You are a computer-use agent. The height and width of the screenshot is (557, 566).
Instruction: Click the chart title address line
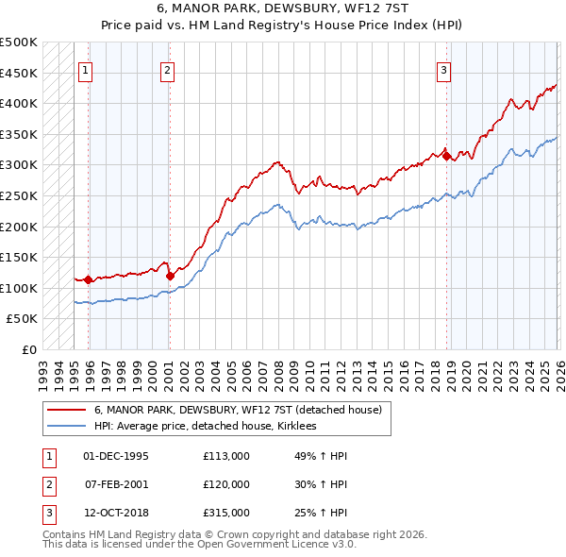(283, 8)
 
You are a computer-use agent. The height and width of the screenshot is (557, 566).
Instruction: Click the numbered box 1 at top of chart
(86, 69)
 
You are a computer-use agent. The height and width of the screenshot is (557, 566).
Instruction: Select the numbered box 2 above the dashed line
(167, 69)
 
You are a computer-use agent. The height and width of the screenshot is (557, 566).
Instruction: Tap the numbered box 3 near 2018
(443, 69)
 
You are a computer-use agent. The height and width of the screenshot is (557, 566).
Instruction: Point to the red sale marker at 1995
(88, 279)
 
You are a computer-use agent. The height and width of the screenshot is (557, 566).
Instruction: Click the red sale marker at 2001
(169, 276)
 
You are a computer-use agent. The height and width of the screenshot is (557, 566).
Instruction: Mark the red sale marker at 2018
(446, 156)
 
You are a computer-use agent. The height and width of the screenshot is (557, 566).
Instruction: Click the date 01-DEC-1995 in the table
(116, 456)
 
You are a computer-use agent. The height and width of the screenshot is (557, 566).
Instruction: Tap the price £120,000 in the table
(225, 484)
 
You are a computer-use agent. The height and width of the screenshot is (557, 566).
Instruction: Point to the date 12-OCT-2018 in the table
(116, 513)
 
